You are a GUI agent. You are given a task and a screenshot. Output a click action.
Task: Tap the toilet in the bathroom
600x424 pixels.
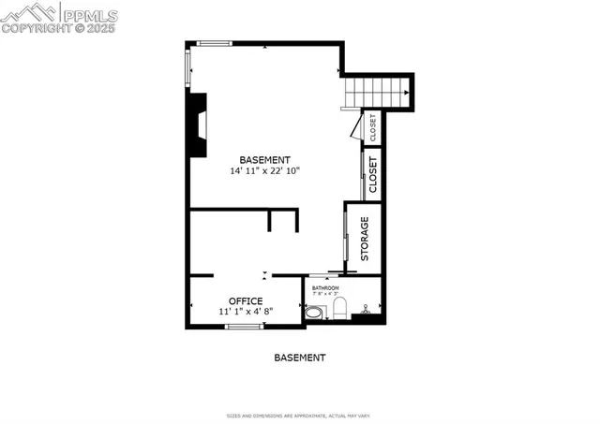341,308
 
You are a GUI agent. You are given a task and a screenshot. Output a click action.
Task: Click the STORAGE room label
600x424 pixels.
366,239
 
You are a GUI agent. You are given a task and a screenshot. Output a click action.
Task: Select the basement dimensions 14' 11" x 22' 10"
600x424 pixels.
264,171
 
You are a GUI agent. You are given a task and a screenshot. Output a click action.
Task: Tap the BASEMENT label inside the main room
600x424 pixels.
264,160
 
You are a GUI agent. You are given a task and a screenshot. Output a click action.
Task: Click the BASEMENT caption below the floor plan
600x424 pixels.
299,358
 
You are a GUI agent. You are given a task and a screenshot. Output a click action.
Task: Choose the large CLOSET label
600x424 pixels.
372,175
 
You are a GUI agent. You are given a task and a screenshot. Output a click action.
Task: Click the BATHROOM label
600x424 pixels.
325,288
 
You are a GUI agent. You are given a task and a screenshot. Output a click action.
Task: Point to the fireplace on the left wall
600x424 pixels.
198,125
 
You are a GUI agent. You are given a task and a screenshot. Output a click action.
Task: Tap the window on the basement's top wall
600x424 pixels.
214,42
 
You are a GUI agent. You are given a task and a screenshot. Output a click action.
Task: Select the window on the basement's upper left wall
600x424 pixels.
187,67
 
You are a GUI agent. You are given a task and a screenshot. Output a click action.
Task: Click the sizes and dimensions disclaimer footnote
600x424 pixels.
299,415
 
